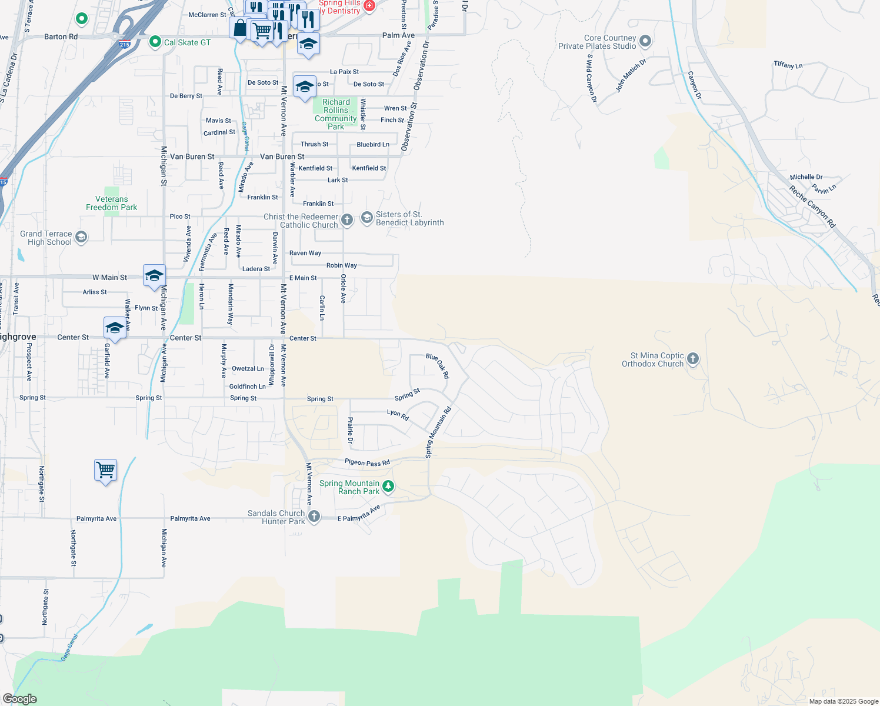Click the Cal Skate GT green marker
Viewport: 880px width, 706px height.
(155, 42)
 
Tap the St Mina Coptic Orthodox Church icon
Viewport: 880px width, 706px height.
(693, 358)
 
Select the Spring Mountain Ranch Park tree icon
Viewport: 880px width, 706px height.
(388, 486)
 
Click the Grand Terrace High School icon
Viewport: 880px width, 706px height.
(81, 237)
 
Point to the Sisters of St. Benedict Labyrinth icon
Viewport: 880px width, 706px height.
(367, 218)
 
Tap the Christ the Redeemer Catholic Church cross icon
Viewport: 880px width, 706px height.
(347, 220)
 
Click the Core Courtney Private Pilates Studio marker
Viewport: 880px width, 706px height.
(645, 41)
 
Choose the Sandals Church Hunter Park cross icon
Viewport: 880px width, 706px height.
(314, 517)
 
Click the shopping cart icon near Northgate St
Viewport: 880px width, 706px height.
(106, 470)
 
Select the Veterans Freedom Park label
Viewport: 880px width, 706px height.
(112, 204)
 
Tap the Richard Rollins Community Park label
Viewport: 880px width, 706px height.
(335, 114)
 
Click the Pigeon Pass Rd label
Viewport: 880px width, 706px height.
(367, 462)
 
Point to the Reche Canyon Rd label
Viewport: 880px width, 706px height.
(812, 207)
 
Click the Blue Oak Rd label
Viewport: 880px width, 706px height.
(438, 365)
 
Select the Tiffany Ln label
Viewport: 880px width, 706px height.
(788, 65)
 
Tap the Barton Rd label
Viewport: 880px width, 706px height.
(61, 36)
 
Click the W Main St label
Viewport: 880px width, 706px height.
(109, 277)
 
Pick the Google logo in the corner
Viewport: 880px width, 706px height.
(19, 699)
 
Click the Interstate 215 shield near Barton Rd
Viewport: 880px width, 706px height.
(124, 44)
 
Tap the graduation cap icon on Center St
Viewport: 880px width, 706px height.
(115, 327)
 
